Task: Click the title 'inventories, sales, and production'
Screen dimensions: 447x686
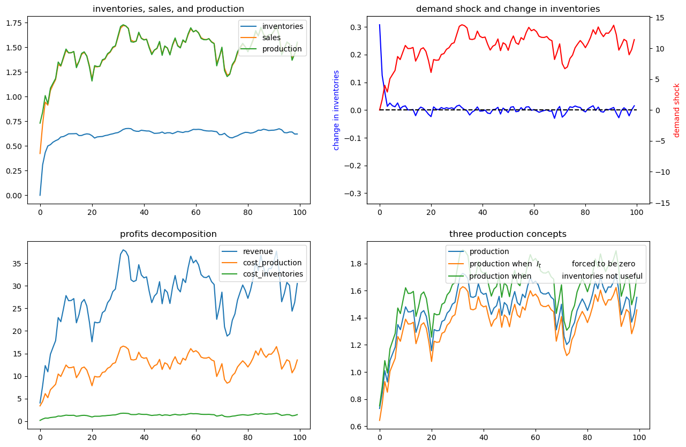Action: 168,9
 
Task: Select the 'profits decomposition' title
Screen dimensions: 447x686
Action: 168,234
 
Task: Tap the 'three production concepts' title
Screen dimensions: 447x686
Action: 508,234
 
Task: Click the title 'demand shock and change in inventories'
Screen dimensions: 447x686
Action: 508,9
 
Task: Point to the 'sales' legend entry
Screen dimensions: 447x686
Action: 273,38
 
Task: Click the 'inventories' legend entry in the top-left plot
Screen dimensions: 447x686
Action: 283,26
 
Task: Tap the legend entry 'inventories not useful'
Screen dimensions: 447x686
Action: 602,276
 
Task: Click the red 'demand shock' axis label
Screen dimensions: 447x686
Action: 676,110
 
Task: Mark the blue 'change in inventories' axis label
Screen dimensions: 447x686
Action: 336,110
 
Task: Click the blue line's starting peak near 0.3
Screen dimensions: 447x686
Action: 380,25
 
